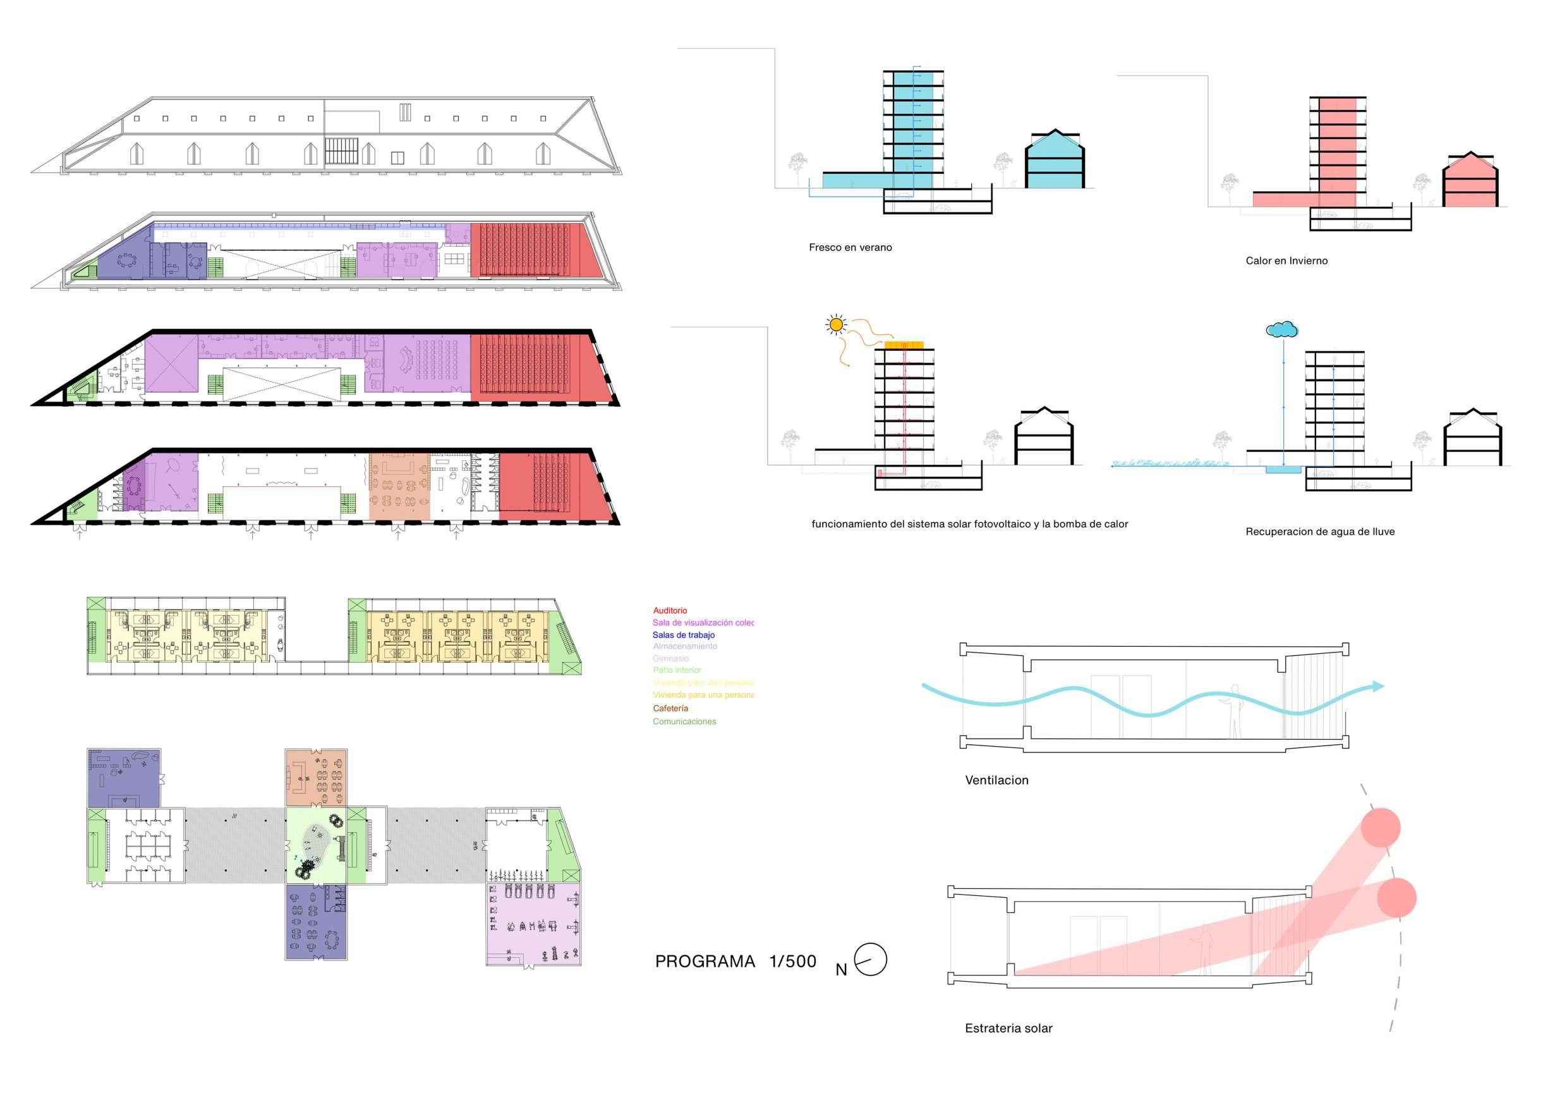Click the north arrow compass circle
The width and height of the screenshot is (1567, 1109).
[870, 959]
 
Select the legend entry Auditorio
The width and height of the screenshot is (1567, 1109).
[670, 611]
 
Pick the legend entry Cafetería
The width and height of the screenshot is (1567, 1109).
[670, 708]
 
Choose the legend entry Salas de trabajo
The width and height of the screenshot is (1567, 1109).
[683, 635]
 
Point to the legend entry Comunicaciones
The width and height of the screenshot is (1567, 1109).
[684, 721]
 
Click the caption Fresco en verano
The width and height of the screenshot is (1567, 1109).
[850, 247]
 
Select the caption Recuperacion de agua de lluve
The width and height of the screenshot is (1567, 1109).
[1319, 531]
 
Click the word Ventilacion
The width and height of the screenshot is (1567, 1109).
[996, 780]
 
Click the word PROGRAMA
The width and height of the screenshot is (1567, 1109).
[705, 962]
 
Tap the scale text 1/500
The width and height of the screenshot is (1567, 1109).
[792, 962]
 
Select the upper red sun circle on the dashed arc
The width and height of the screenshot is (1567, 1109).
[1380, 828]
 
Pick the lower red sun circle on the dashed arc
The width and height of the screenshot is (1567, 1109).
[1396, 898]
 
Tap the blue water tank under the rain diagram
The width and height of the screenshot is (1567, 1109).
[1283, 470]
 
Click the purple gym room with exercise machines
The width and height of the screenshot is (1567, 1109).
[533, 924]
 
